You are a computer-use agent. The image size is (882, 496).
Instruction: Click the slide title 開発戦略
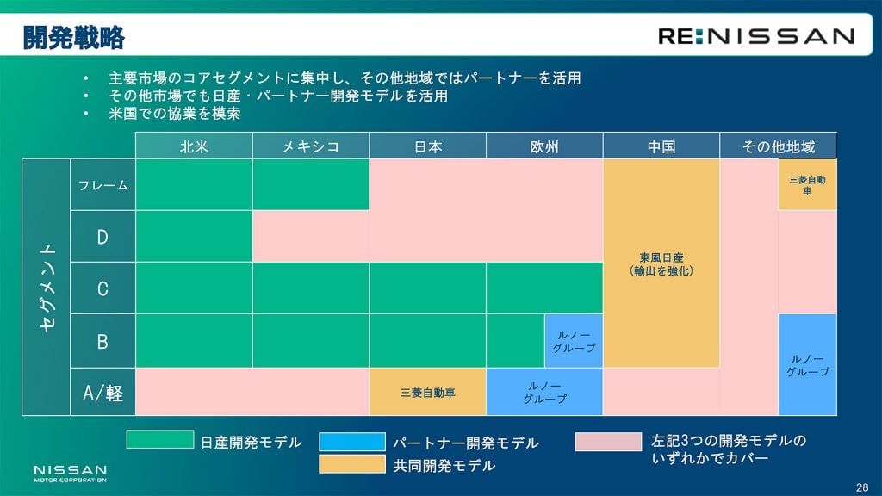coord(74,38)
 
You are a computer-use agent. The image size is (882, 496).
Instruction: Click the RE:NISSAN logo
coord(756,36)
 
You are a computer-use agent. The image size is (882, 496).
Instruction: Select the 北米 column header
coord(194,146)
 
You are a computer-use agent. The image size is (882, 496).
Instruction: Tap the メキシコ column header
coord(311,146)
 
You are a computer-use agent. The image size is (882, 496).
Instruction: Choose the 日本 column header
coord(428,146)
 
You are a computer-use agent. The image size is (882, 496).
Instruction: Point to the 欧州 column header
coord(544,146)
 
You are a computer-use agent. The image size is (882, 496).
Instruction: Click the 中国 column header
coord(661,146)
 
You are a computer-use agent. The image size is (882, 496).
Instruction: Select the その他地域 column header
coord(779,146)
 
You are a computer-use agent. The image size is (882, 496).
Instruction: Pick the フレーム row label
coord(103,185)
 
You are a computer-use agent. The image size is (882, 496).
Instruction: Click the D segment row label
coord(103,237)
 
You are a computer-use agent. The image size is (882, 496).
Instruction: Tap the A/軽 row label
coord(103,393)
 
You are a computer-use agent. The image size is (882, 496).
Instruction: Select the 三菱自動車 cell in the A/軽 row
coord(428,393)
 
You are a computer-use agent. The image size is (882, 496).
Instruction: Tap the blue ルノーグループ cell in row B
coord(574,341)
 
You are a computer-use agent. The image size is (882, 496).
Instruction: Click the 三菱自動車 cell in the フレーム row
coord(807,185)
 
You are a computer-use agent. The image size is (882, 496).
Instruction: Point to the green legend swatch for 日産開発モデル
coord(160,439)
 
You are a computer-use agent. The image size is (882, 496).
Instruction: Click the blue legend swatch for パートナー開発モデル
coord(352,442)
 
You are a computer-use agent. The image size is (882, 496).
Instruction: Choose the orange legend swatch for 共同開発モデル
coord(352,464)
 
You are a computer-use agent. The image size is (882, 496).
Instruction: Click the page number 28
coord(861,487)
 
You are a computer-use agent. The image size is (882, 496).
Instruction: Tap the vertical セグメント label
coord(47,287)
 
